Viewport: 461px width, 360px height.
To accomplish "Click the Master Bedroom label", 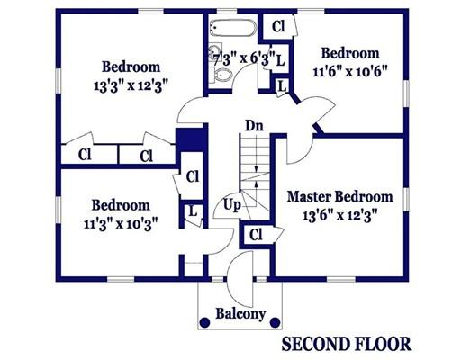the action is point(340,197).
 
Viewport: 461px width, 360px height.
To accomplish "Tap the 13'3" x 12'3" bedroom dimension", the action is point(131,86).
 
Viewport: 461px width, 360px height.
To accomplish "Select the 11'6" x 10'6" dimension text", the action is point(350,72).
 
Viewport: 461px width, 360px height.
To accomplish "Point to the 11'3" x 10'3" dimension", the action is point(121,224).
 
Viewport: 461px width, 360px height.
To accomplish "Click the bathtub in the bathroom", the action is point(233,28).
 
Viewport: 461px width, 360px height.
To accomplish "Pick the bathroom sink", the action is point(215,49).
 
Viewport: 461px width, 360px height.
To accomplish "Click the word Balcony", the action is point(240,314).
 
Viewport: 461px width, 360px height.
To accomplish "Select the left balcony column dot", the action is point(205,322).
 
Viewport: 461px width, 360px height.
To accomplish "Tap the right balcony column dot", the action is point(275,322).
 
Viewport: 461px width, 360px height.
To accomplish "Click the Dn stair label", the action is point(254,126).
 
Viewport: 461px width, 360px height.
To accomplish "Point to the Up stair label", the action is point(232,206).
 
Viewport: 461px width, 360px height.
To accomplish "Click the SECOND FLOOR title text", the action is point(347,344).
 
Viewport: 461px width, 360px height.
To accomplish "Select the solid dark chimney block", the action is point(191,139).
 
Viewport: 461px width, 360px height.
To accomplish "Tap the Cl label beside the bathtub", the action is point(278,26).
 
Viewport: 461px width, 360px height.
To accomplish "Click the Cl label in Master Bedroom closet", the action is point(256,235).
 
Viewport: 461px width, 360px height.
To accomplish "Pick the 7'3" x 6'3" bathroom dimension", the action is point(244,58).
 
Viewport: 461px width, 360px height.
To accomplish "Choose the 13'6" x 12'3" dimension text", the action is point(339,216).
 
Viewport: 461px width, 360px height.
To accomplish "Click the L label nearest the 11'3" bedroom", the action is point(193,211).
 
